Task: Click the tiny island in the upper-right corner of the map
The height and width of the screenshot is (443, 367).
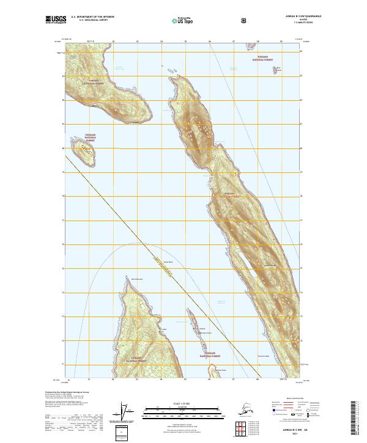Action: point(277,70)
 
